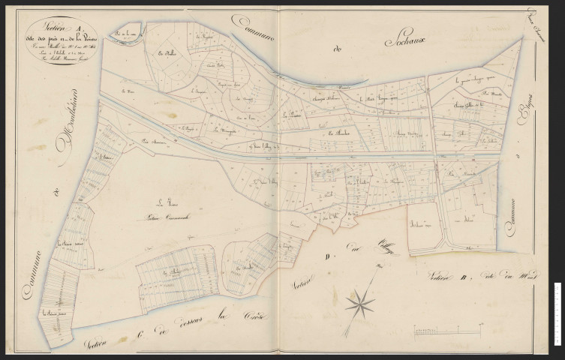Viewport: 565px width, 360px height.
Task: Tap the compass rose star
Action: [x=360, y=304]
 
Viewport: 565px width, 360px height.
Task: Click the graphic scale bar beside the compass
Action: [x=447, y=328]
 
